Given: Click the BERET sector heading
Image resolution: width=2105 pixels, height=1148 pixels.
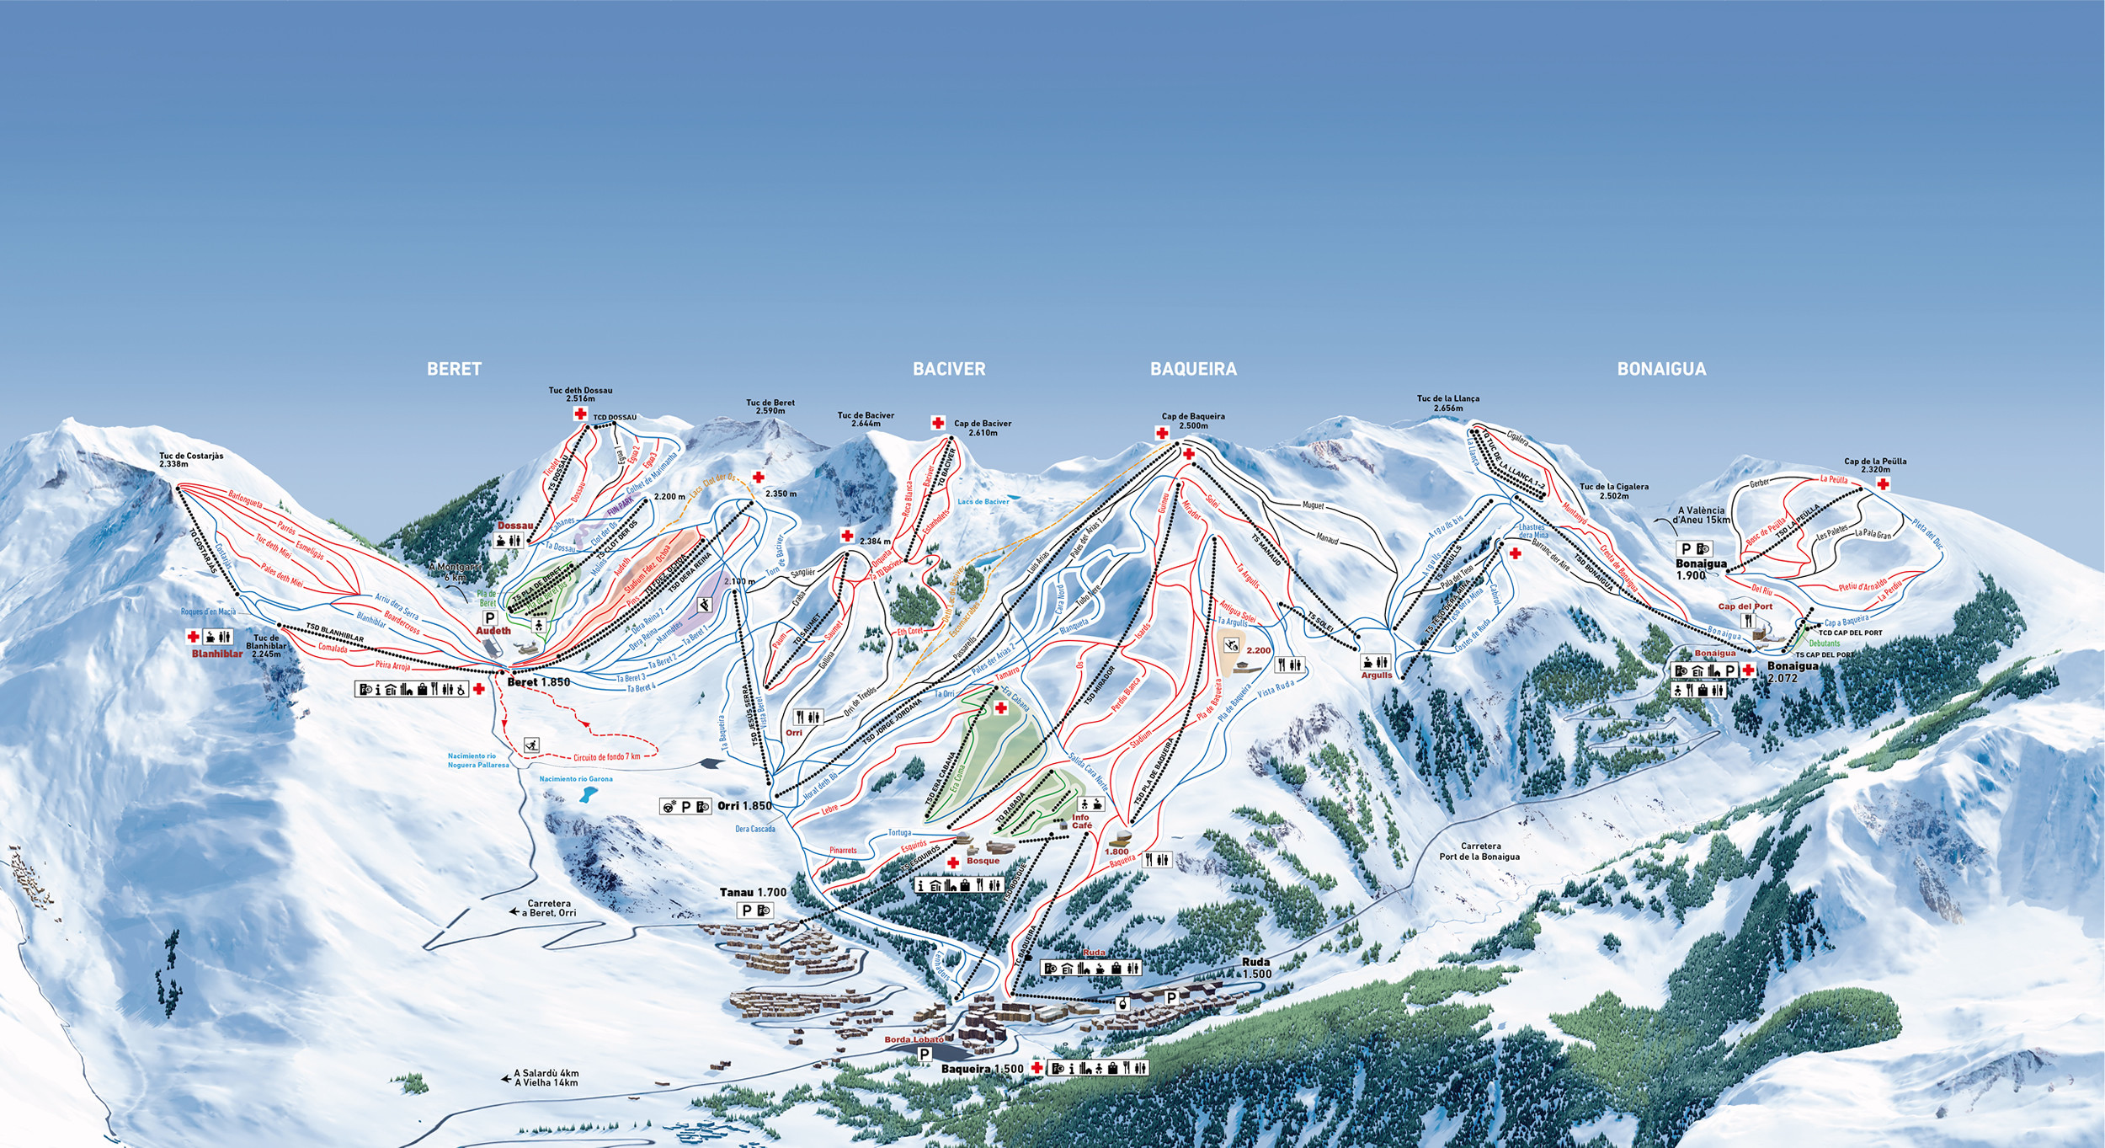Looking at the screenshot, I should point(454,369).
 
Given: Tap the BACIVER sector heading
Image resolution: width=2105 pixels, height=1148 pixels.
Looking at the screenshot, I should point(949,369).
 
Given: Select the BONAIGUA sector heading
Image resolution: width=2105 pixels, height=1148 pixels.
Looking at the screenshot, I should point(1661,369).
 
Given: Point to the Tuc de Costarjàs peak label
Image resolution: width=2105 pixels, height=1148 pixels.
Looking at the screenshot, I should point(191,460).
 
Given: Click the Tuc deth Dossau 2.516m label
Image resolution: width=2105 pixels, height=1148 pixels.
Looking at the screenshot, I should point(580,394).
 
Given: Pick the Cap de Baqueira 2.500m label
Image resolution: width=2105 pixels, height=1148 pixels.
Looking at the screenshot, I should point(1193,420).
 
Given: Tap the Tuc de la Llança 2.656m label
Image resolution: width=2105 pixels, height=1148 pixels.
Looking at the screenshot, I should point(1447,403).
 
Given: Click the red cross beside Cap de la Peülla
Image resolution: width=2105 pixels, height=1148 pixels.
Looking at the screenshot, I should point(1883,483).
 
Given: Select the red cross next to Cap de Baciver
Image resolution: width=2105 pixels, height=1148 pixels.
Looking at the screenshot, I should point(938,423).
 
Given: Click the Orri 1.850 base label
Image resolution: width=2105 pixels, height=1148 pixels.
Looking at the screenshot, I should point(744,806).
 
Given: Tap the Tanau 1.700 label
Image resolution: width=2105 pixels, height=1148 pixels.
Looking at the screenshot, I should point(753,892).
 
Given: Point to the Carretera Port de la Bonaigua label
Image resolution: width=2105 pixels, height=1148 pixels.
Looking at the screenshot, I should point(1479,851).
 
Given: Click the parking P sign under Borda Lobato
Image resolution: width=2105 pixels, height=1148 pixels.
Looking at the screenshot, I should point(925,1054).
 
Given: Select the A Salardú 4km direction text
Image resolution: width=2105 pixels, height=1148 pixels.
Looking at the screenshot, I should point(546,1074).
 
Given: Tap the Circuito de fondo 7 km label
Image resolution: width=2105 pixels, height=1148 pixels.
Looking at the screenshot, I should point(606,757).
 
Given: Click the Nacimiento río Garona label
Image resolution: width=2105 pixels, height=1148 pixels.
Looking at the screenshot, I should point(576,779).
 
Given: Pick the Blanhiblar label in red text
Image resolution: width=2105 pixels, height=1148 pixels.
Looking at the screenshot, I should point(216,654).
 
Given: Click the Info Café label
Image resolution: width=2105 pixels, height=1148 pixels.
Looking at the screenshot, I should point(1081,821).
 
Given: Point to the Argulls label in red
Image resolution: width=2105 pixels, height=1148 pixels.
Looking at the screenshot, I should point(1377,675).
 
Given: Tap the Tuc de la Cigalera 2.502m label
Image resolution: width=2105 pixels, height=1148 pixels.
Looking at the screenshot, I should point(1613,491).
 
